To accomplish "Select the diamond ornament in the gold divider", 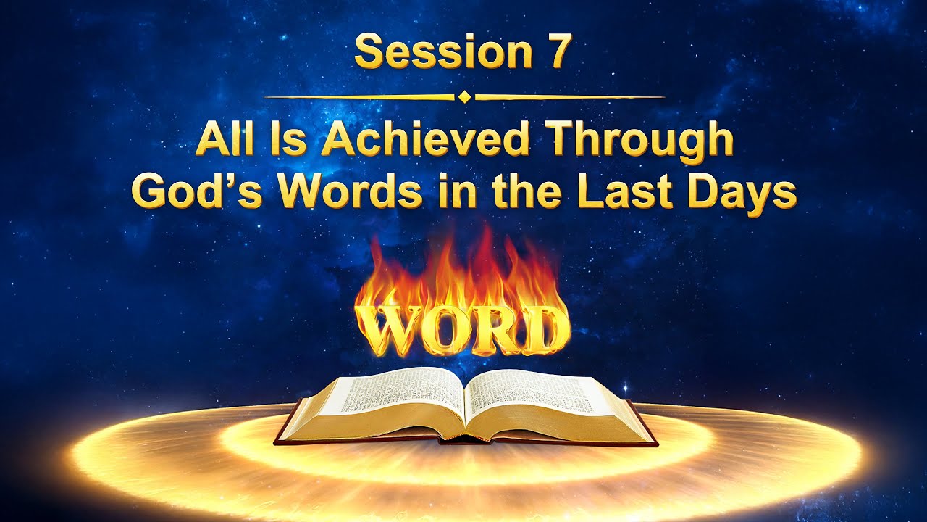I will [x=464, y=96].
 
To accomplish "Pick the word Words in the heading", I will [x=346, y=190].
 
